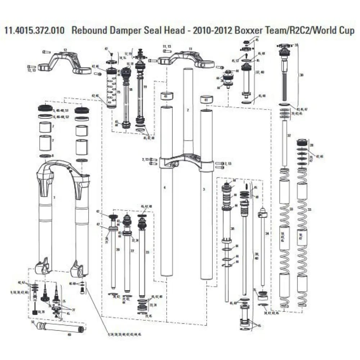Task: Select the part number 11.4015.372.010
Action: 35,30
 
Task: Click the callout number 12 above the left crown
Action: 65,50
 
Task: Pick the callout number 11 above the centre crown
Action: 190,49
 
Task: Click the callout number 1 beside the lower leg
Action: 54,198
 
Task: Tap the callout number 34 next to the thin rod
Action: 267,234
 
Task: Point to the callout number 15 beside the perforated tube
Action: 118,93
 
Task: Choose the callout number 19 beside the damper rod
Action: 145,87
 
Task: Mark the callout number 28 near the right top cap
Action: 312,145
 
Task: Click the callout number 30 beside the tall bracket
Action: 302,75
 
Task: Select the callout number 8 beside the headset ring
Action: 53,156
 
